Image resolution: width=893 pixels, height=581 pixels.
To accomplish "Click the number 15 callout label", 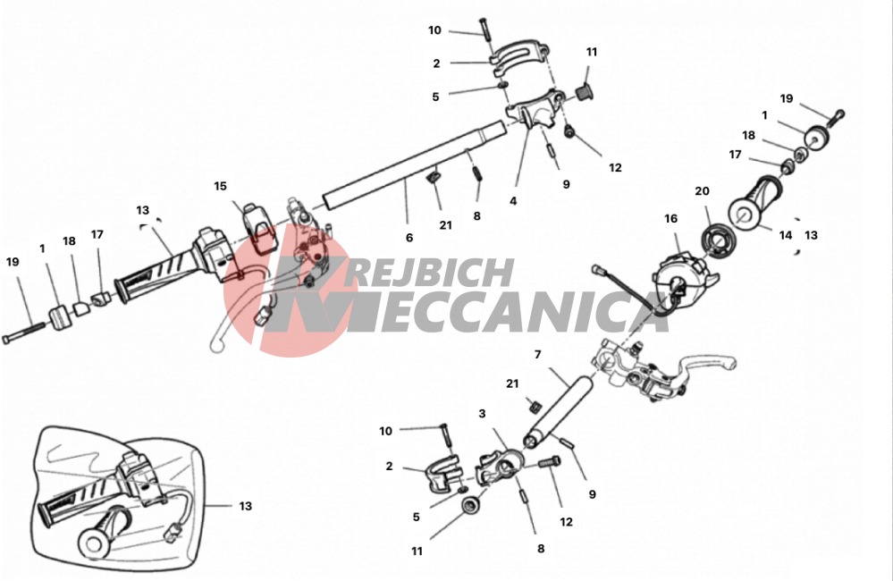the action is tap(221, 186).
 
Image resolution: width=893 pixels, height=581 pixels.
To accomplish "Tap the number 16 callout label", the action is tap(671, 219).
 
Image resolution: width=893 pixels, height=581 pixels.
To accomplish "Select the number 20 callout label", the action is tap(703, 191).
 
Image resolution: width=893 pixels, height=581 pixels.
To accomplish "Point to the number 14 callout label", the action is tap(786, 235).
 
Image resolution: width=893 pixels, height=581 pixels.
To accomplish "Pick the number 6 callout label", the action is tap(409, 238).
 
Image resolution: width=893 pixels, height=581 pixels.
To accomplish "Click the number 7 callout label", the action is tap(537, 355).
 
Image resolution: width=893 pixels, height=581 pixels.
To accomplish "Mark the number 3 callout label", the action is tap(483, 414).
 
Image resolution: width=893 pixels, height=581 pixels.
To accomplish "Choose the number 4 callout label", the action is tap(513, 201).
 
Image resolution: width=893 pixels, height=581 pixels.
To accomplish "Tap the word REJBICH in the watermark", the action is tap(427, 273).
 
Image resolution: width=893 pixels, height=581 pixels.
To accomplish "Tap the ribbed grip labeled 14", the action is tap(757, 205).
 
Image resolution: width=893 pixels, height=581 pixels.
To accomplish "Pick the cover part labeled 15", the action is tap(260, 226).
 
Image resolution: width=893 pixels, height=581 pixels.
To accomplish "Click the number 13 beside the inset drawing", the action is tap(246, 506).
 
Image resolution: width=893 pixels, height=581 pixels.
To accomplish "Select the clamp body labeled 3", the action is tap(499, 467).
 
